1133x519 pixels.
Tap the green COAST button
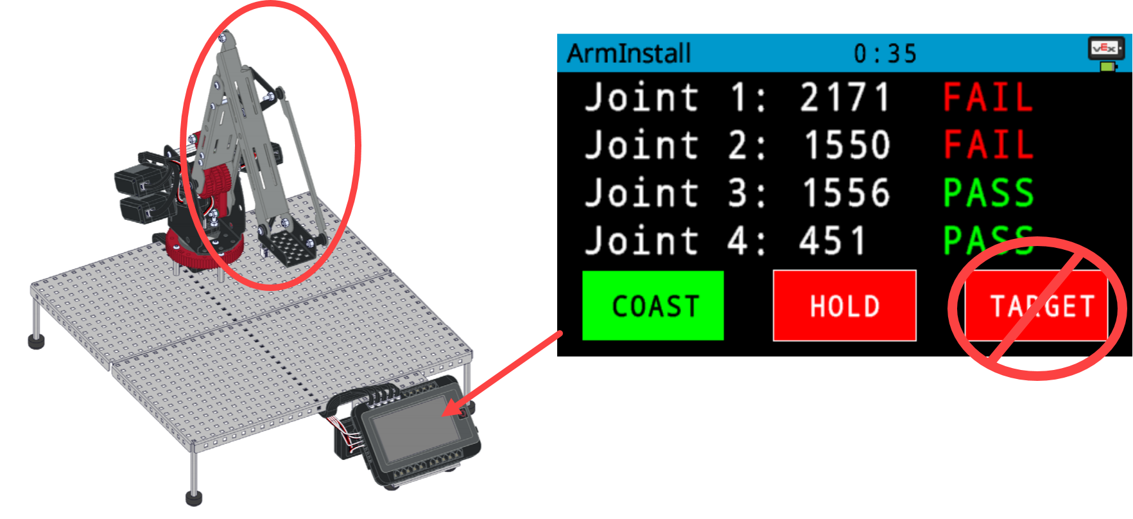coord(653,306)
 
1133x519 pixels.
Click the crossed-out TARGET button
coord(1037,306)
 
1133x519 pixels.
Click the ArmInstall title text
coord(628,53)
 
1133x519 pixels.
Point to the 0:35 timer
coord(885,54)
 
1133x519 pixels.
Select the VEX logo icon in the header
coord(1104,48)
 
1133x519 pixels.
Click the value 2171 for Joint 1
coord(844,98)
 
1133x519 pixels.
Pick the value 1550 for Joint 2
coord(847,145)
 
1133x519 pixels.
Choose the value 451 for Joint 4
coord(833,241)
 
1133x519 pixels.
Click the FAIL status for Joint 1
coord(988,98)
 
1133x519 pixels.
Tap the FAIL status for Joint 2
coord(988,145)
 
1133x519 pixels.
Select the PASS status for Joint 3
coord(988,193)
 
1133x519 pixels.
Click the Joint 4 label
coord(674,241)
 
